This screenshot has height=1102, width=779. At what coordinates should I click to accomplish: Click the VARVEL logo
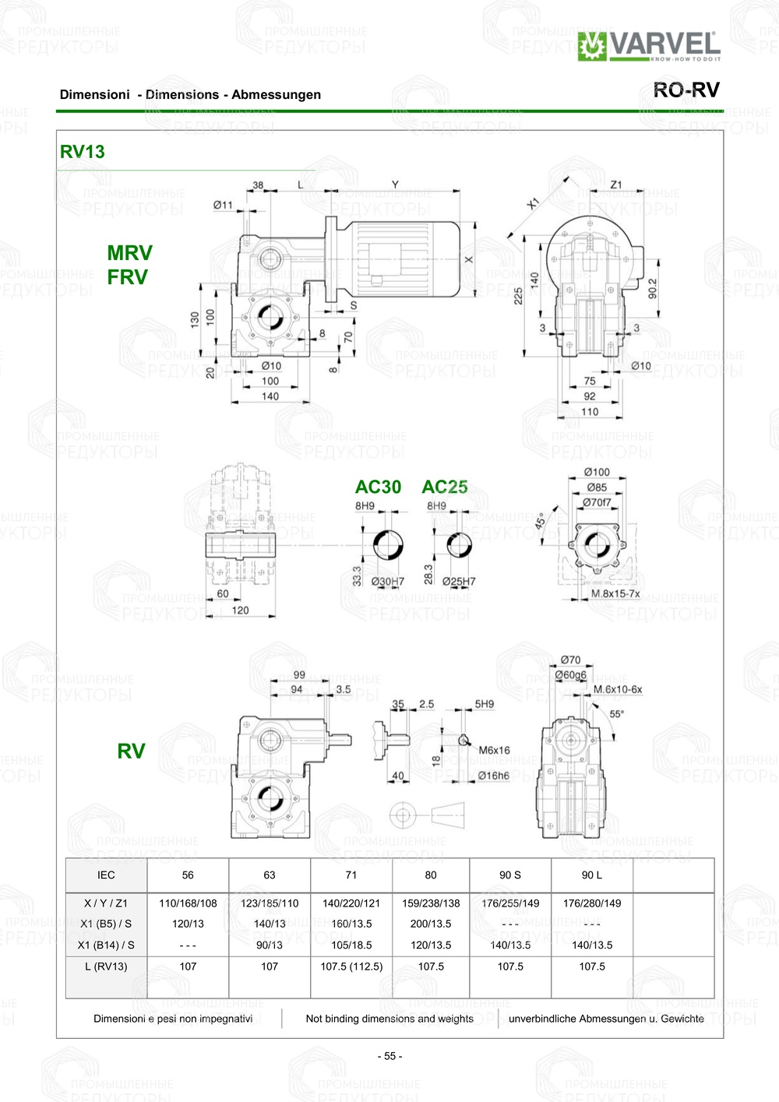click(649, 46)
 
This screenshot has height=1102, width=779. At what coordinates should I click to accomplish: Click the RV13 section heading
click(82, 152)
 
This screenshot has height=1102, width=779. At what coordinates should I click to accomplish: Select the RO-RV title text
click(686, 90)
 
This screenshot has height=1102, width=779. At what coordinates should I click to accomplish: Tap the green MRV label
click(129, 253)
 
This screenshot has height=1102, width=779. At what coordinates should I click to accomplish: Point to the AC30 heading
click(378, 487)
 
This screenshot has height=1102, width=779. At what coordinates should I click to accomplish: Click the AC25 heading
click(444, 487)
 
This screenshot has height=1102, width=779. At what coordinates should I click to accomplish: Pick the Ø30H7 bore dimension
click(387, 582)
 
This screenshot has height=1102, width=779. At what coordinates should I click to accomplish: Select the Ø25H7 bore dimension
click(458, 582)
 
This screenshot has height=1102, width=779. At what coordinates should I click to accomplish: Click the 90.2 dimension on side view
click(652, 289)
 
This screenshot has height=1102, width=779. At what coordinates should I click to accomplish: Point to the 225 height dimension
click(518, 296)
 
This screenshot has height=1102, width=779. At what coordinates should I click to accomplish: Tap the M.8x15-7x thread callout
click(615, 593)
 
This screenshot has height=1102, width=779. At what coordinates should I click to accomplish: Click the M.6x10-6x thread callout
click(617, 689)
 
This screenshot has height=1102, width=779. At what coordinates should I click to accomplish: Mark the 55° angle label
click(616, 714)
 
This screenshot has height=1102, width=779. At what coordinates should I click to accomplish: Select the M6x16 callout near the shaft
click(494, 750)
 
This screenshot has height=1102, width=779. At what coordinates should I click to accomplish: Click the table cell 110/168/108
click(188, 903)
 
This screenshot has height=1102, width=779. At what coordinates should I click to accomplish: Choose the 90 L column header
click(591, 875)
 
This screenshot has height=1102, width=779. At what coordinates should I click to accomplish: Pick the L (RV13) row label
click(106, 966)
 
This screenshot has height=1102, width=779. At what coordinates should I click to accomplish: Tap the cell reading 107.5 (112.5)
click(351, 966)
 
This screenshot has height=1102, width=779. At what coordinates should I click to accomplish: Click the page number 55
click(389, 1057)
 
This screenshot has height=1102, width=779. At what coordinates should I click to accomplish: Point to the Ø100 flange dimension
click(597, 472)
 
